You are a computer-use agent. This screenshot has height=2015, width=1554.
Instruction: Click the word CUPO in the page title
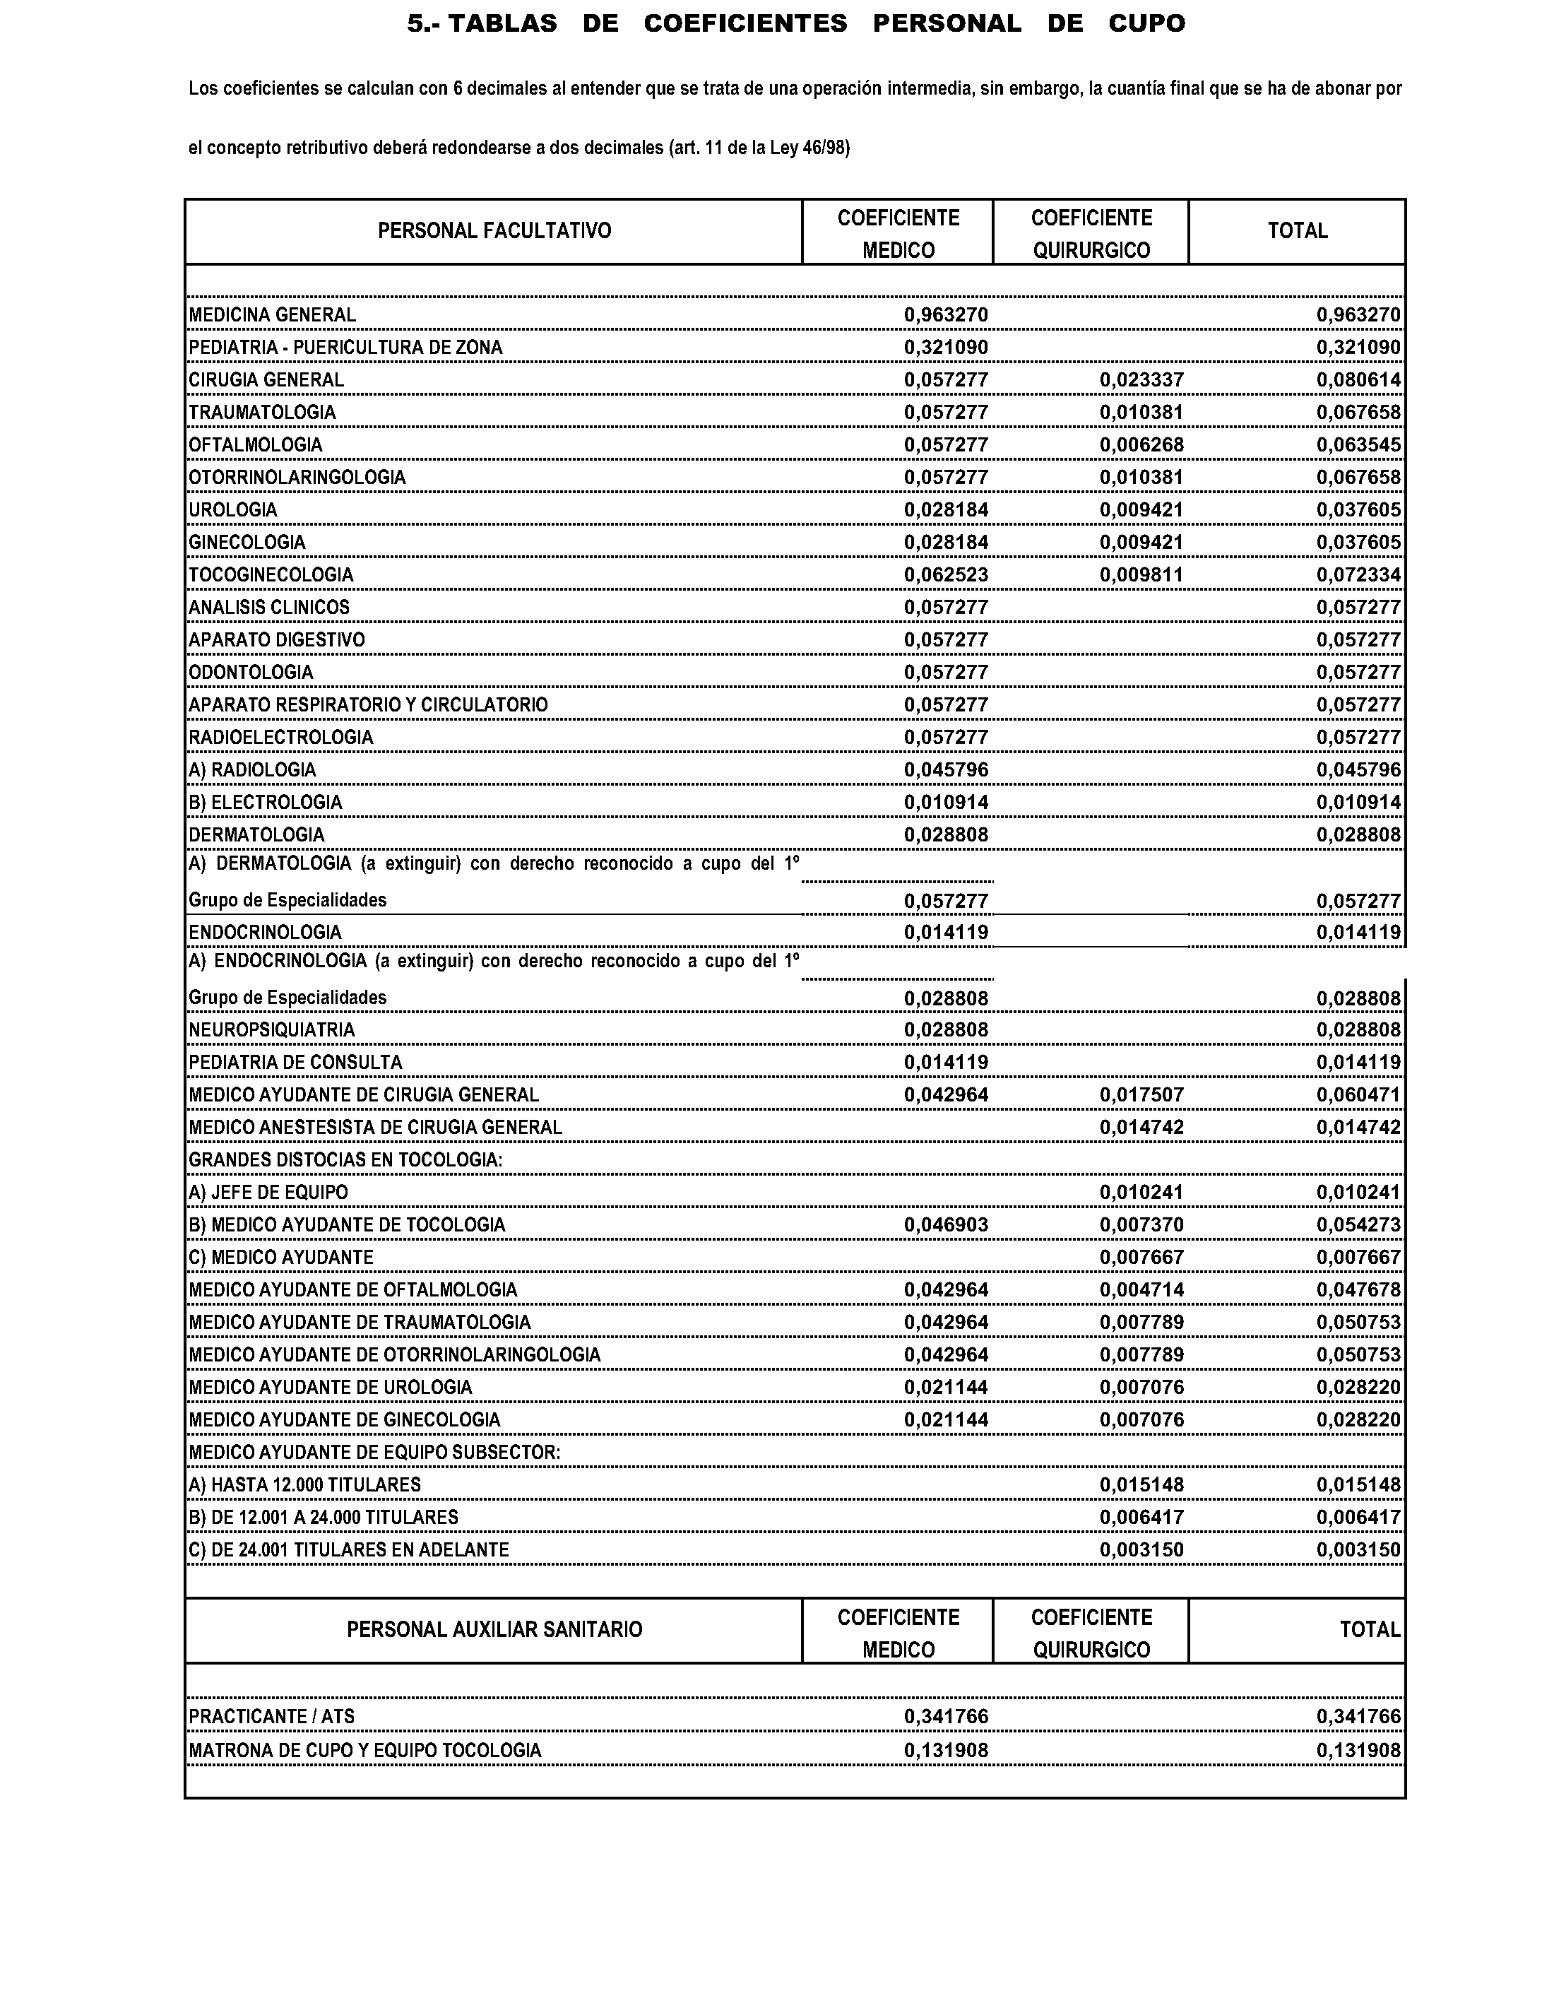1146,24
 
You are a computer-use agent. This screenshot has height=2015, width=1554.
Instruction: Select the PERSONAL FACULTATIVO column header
494,230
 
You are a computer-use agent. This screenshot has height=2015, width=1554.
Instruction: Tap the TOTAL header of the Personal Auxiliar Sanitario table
1370,1630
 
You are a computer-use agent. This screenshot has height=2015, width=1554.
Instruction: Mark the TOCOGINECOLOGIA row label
271,576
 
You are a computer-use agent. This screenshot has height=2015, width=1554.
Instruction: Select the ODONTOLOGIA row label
251,673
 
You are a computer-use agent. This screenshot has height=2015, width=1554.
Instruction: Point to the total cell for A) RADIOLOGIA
1358,770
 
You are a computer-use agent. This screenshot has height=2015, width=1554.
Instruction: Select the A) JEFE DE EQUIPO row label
268,1193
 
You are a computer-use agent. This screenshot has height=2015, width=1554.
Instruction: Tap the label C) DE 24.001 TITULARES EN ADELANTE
349,1550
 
